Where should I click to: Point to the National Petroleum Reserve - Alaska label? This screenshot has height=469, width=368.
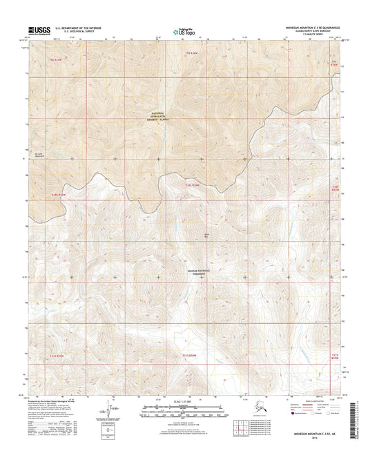[165, 115]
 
